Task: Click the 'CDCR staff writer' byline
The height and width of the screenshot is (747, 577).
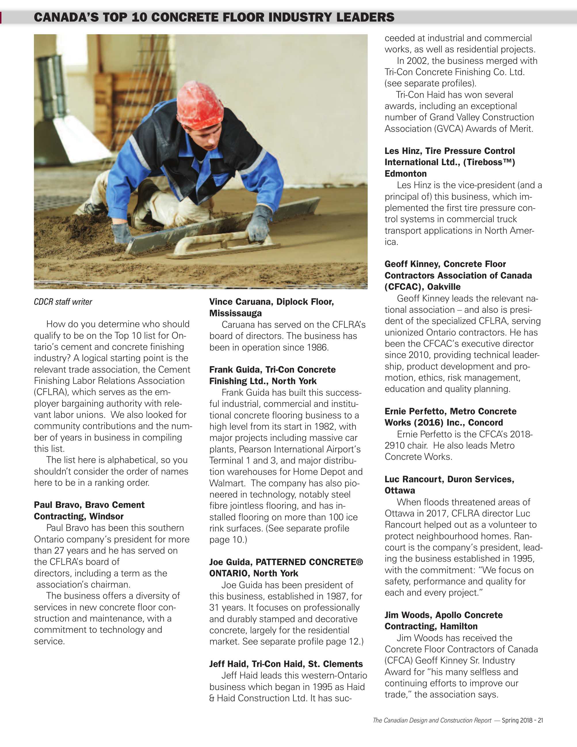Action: tap(63, 302)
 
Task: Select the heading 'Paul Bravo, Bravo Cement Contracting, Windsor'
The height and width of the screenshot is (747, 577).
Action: tap(89, 510)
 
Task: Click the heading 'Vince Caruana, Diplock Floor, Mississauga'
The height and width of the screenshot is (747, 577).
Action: tap(272, 307)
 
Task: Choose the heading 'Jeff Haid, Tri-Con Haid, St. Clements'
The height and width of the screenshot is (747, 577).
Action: tap(286, 664)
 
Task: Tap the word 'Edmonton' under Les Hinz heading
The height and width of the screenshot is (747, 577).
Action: tap(405, 174)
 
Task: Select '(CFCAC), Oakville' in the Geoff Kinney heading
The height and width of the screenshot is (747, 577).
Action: tap(423, 287)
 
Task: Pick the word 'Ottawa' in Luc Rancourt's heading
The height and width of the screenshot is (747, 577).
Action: tap(400, 491)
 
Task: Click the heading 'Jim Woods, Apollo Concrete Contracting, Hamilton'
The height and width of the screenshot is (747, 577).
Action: tap(443, 620)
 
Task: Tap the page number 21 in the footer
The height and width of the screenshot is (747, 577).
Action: tap(540, 720)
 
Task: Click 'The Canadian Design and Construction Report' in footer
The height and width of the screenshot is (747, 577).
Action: tap(432, 720)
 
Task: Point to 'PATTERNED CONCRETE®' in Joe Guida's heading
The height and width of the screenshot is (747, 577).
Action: tap(309, 562)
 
